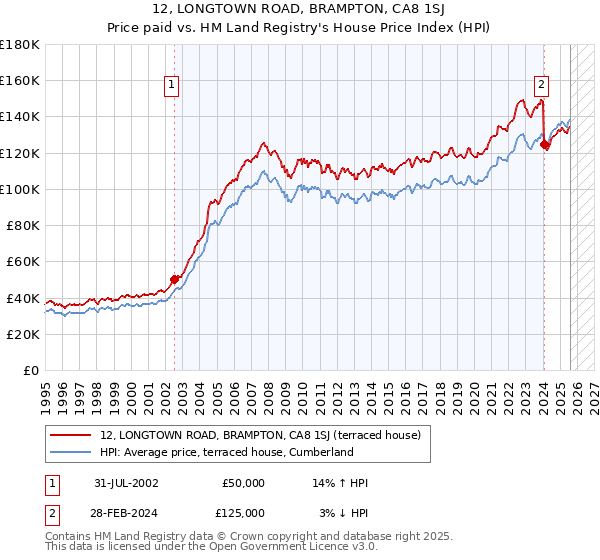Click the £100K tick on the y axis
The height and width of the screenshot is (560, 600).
(x=20, y=189)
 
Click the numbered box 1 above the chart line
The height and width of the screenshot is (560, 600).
(x=172, y=86)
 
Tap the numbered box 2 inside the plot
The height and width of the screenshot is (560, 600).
(x=541, y=86)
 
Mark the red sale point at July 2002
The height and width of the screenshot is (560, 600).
(x=174, y=280)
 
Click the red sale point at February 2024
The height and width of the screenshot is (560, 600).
(x=544, y=144)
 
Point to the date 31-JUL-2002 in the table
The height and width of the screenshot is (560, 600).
(x=126, y=483)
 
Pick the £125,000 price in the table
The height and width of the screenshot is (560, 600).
(x=244, y=512)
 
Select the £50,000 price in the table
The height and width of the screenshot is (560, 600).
(x=244, y=483)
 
